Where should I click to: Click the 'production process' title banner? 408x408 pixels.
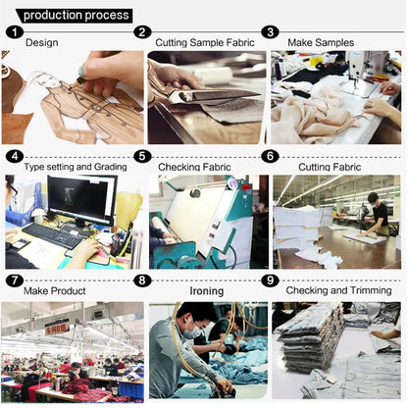(x=75, y=16)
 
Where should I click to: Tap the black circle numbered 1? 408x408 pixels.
(x=15, y=32)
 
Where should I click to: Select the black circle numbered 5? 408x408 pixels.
(x=142, y=156)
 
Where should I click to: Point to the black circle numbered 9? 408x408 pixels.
(x=270, y=280)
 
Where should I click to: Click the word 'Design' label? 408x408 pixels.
(x=42, y=42)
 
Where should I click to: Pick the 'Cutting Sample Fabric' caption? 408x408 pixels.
(x=205, y=42)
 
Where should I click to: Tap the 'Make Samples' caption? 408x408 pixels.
(x=321, y=42)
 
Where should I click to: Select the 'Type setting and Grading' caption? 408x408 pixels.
(x=76, y=167)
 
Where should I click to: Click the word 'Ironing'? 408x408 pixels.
(x=207, y=290)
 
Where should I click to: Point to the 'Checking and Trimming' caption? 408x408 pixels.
(x=338, y=290)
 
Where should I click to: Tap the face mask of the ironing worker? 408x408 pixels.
(x=192, y=331)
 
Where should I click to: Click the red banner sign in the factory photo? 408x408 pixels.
(x=57, y=328)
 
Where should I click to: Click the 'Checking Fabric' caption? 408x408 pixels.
(x=194, y=167)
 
